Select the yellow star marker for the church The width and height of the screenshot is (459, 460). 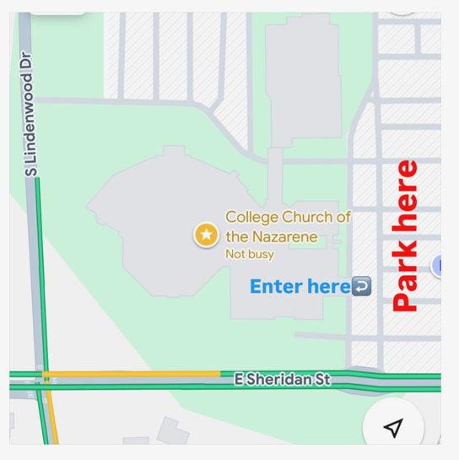(x=206, y=235)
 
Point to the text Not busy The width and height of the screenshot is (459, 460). (x=249, y=254)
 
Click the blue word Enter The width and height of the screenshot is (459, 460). (x=276, y=287)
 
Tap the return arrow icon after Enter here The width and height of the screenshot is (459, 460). (x=361, y=287)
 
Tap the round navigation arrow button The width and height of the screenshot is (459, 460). (x=392, y=427)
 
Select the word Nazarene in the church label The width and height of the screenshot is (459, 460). (x=283, y=237)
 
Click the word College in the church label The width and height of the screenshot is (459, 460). (x=251, y=218)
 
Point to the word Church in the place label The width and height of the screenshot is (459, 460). (x=307, y=218)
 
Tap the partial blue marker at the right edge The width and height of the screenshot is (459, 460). (x=437, y=267)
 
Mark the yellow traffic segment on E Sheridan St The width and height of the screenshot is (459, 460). (x=131, y=373)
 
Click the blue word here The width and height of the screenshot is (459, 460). (x=328, y=287)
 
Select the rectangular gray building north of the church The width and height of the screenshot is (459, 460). (x=303, y=76)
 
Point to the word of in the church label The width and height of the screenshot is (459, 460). (x=343, y=218)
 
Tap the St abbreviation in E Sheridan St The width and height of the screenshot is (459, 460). (x=321, y=380)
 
